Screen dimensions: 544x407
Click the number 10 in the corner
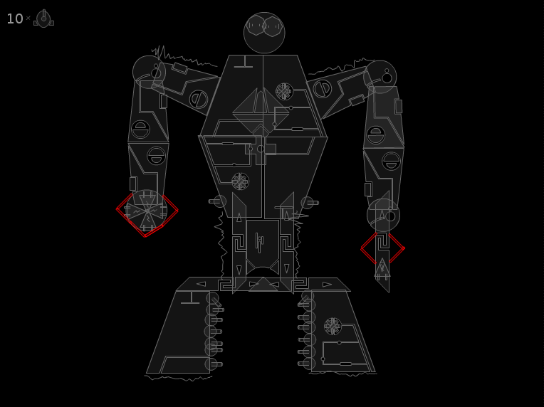(x=15, y=18)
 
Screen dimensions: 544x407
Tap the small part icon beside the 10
(x=43, y=18)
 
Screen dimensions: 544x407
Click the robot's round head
(x=264, y=33)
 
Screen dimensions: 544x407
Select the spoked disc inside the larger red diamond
(x=147, y=211)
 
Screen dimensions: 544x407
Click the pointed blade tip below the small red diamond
(x=389, y=292)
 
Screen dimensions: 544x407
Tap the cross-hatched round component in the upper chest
(x=284, y=92)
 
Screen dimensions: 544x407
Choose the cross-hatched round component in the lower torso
(x=240, y=181)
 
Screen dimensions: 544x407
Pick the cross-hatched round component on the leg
(x=333, y=326)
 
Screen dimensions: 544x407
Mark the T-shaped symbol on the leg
(x=190, y=298)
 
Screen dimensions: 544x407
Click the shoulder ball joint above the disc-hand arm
(x=150, y=72)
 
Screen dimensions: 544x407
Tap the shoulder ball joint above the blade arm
(x=380, y=77)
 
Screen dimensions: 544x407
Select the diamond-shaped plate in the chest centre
(x=261, y=112)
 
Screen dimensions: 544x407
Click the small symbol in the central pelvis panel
(x=259, y=242)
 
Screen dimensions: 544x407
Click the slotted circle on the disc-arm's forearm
(x=157, y=156)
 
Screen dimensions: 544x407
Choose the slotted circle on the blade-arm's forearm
(x=391, y=161)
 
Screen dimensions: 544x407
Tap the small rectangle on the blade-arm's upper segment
(x=398, y=107)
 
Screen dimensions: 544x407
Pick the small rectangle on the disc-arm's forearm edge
(x=133, y=184)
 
